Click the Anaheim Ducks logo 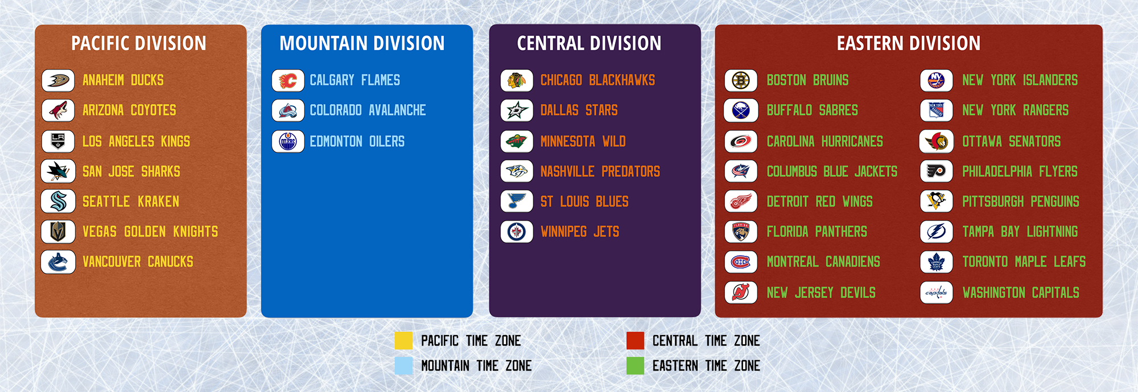[58, 80]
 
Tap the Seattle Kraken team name [131, 201]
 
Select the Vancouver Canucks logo [58, 262]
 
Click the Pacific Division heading [139, 43]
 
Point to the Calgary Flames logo [288, 80]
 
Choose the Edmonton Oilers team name [357, 141]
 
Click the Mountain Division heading [362, 43]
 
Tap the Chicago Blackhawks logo [517, 80]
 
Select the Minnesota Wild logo [517, 141]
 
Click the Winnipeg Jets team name [580, 232]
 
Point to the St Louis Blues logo [517, 201]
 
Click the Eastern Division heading [909, 43]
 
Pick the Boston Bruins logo [741, 80]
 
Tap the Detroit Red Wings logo [741, 201]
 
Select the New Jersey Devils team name [821, 292]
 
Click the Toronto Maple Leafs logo [937, 262]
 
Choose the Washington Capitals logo [937, 292]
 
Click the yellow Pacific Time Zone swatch [403, 340]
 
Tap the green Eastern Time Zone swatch [635, 365]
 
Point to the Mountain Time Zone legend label [476, 366]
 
